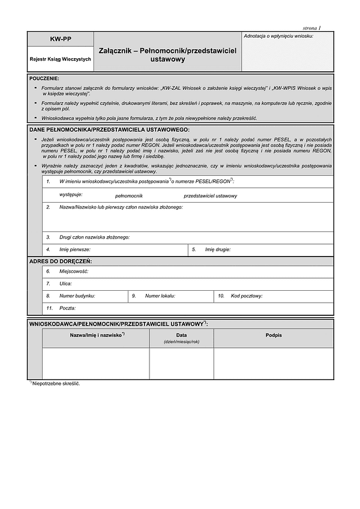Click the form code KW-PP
pyautogui.click(x=60, y=40)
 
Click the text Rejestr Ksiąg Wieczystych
pyautogui.click(x=60, y=59)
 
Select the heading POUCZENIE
pyautogui.click(x=44, y=79)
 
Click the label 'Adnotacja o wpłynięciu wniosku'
pyautogui.click(x=278, y=36)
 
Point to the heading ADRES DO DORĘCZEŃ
pyautogui.click(x=60, y=261)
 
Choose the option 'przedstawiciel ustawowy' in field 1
pyautogui.click(x=210, y=196)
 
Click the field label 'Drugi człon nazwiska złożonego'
pyautogui.click(x=94, y=237)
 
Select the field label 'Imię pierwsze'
pyautogui.click(x=75, y=249)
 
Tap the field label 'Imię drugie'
pyautogui.click(x=218, y=249)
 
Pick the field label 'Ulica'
pyautogui.click(x=65, y=284)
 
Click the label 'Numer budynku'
pyautogui.click(x=77, y=296)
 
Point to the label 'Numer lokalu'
pyautogui.click(x=160, y=296)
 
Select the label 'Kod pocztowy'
pyautogui.click(x=247, y=296)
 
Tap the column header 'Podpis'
pyautogui.click(x=274, y=335)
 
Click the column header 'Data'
pyautogui.click(x=181, y=335)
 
